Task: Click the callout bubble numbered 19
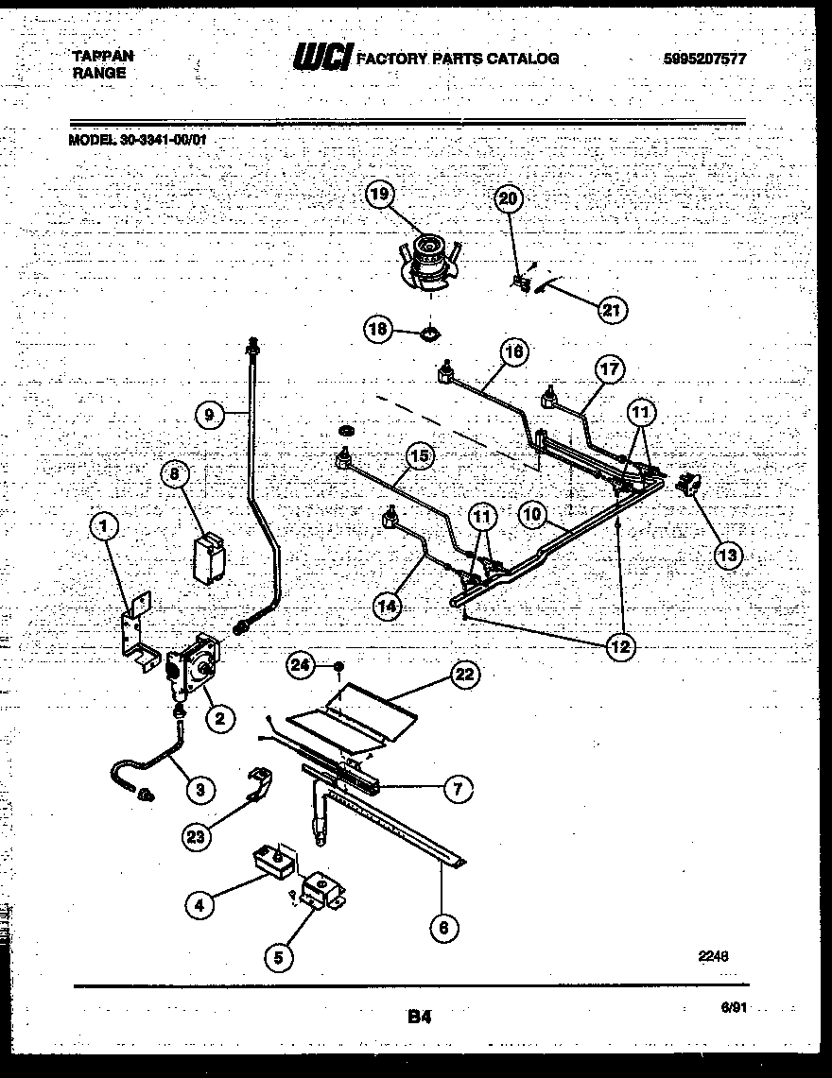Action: (378, 196)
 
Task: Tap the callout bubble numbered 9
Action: (209, 412)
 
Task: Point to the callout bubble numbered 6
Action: (442, 927)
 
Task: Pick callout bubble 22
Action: (463, 674)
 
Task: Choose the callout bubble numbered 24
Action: (300, 667)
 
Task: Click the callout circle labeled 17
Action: (610, 368)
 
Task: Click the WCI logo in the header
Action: (321, 59)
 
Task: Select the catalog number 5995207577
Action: (704, 59)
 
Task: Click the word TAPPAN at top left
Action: (102, 56)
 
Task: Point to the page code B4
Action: (420, 1018)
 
